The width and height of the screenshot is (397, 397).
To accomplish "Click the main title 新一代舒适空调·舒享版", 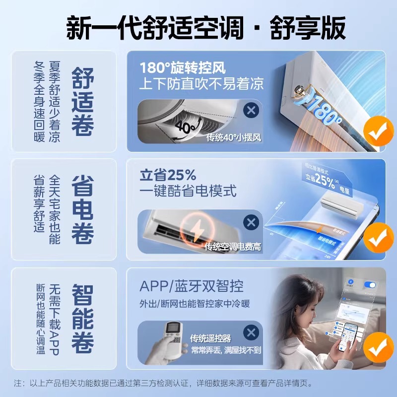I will (206, 28).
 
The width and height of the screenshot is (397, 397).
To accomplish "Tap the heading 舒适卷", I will (82, 102).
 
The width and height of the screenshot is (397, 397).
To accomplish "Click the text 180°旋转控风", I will (183, 67).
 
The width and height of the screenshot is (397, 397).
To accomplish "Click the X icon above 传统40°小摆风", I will (252, 110).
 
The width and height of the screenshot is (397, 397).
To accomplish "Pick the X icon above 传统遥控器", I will (252, 332).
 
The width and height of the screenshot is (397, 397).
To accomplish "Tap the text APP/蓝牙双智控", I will (191, 286).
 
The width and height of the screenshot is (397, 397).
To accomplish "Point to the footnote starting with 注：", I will (164, 384).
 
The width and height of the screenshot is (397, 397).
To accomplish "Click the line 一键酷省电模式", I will (188, 191).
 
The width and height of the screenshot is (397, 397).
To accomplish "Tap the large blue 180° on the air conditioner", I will (323, 111).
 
